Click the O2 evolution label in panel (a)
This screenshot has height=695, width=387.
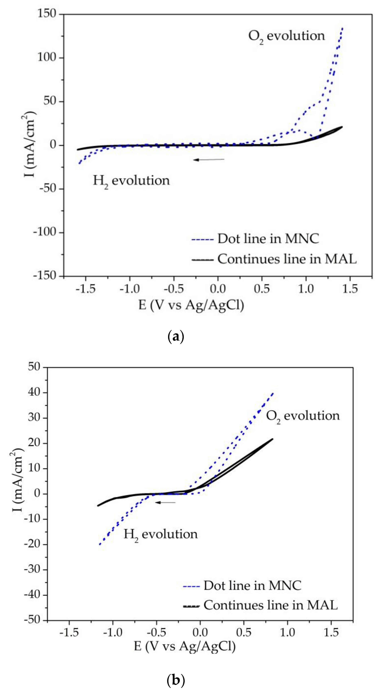click(x=286, y=36)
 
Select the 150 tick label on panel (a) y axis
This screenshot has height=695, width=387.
click(x=46, y=14)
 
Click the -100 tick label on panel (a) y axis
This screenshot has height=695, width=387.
click(x=45, y=232)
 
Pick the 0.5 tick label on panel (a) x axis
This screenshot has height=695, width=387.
click(x=261, y=289)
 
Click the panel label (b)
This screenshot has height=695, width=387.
click(x=176, y=680)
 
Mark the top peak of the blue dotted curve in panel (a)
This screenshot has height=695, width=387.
click(x=342, y=28)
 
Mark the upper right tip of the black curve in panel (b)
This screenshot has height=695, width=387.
click(x=272, y=439)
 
